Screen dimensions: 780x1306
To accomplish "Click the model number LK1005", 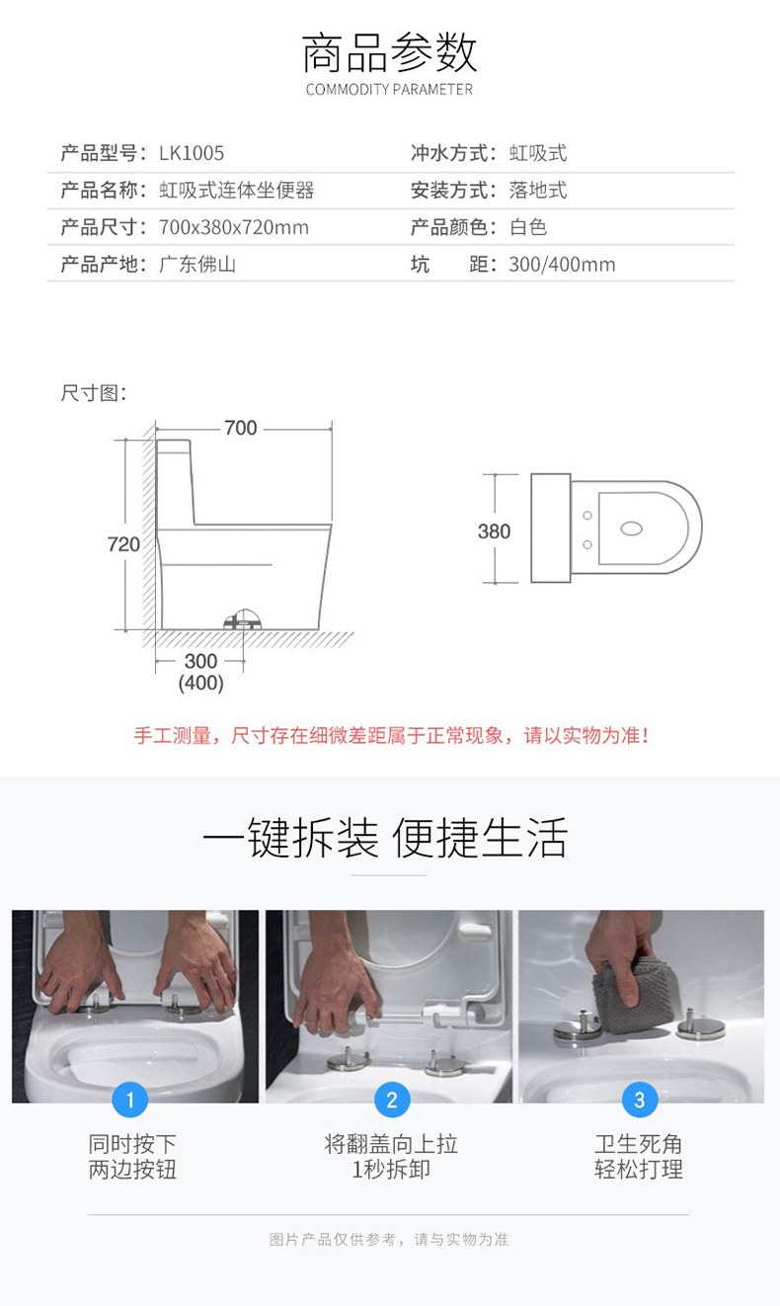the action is point(192,153).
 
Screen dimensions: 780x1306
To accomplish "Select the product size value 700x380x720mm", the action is point(234,227).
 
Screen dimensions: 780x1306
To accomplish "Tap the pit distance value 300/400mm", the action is point(562,264).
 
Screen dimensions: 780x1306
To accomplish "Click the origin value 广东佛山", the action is point(197,264).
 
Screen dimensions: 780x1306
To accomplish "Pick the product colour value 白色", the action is point(528,227).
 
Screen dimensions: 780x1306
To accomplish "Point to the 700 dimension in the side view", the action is point(241,428).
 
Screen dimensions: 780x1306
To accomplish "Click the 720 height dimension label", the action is point(123,544).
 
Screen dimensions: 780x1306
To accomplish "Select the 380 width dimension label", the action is point(494,531).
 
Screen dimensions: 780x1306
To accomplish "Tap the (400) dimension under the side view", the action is point(201,683).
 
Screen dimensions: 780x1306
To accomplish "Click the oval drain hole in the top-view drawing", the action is point(632,529).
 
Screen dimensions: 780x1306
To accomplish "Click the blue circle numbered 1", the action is point(130,1100).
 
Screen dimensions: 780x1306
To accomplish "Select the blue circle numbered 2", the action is point(392,1100).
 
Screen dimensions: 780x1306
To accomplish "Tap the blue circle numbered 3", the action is point(640,1100).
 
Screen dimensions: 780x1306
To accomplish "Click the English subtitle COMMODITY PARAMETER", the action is point(389,89).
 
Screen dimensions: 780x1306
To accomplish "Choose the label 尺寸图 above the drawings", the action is point(93,393).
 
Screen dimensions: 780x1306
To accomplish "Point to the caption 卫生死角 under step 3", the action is point(639,1143).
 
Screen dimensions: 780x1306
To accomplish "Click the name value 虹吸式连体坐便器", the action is point(237,190).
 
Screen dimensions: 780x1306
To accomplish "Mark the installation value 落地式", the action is point(538,190).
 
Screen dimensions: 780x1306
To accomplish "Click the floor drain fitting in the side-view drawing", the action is point(243,619).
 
